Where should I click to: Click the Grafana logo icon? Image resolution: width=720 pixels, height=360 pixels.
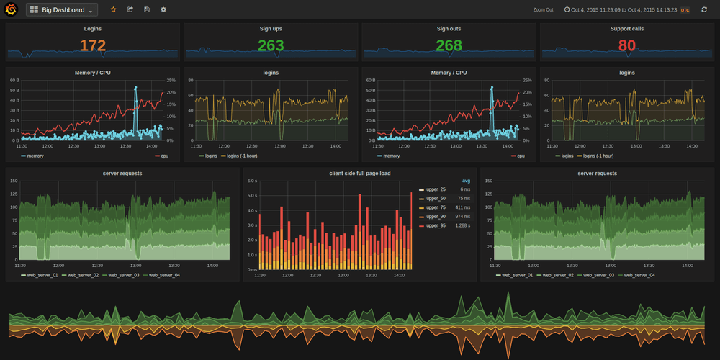(x=11, y=10)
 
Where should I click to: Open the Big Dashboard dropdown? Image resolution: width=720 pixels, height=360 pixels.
(x=62, y=10)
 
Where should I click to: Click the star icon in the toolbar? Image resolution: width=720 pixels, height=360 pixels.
(x=113, y=10)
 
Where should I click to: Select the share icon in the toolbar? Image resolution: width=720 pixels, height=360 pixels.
(x=130, y=10)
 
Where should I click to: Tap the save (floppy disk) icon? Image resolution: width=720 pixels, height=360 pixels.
(x=147, y=10)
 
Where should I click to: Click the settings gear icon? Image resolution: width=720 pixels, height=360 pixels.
(x=163, y=10)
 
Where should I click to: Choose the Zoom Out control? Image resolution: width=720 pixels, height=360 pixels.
(x=544, y=10)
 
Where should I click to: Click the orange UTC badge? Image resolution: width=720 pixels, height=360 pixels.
(x=685, y=10)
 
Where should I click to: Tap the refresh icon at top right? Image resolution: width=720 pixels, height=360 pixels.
(x=704, y=10)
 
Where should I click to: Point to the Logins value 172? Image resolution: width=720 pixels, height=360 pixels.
(x=93, y=46)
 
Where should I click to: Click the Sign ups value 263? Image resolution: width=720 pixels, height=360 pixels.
(x=271, y=46)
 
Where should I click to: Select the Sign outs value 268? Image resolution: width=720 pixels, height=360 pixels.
(x=449, y=46)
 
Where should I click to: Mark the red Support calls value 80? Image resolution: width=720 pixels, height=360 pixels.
(x=626, y=46)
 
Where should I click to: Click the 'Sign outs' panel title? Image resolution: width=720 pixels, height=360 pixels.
(x=449, y=29)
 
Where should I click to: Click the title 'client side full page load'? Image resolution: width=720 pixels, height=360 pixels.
(x=360, y=174)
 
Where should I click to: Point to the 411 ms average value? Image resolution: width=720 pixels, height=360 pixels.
(x=462, y=207)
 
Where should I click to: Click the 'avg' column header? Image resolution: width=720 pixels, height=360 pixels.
(x=466, y=181)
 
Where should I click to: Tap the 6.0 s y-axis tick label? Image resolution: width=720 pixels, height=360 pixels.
(x=252, y=181)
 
